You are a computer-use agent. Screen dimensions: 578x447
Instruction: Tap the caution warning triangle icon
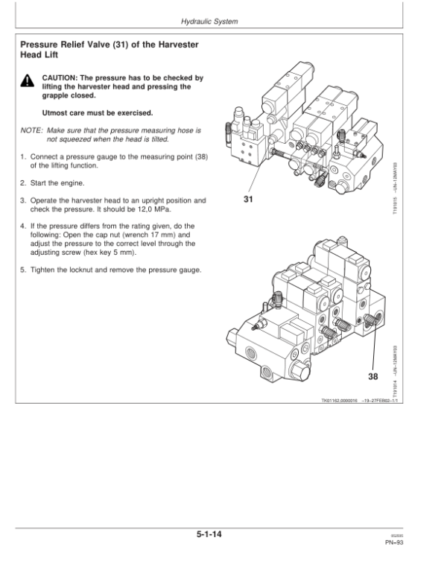tap(27, 80)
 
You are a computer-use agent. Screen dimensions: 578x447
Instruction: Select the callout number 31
tap(248, 200)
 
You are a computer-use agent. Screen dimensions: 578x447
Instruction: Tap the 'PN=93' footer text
tap(395, 544)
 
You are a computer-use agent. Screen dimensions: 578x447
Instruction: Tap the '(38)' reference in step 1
tap(199, 156)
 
